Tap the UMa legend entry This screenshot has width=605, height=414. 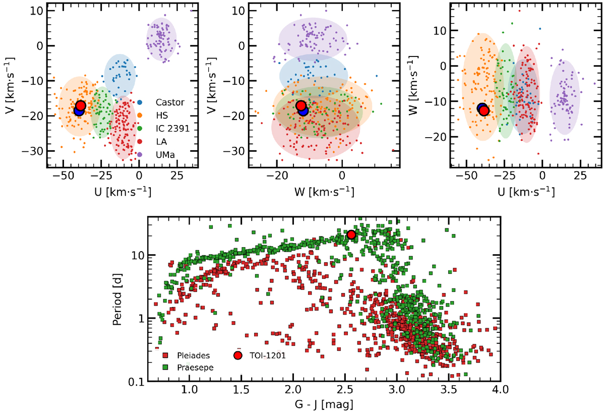tap(167, 155)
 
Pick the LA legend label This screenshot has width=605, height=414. tap(164, 142)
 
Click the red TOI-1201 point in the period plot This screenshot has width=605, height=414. tap(351, 234)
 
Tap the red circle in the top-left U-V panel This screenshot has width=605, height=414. tap(81, 105)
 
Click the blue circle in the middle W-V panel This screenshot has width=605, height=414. tap(303, 110)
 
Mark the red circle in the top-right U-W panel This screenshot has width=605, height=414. tap(484, 111)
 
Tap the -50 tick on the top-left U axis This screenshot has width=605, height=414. tap(63, 176)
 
